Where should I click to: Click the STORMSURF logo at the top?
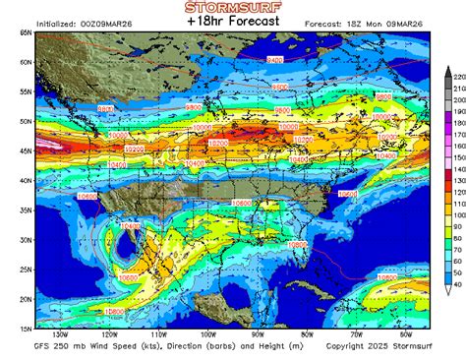pos(232,8)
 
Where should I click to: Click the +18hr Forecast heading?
pos(232,23)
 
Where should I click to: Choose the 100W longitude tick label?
pos(207,333)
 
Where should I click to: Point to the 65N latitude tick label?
pos(24,32)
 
